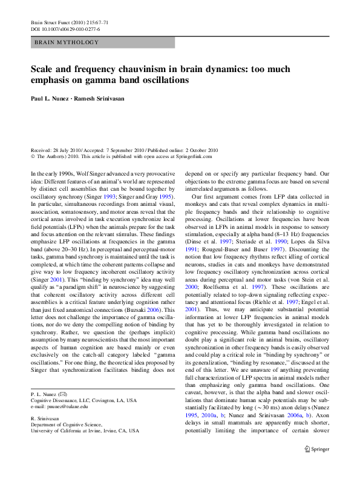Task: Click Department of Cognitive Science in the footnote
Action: [69, 424]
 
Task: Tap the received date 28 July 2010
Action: [63, 150]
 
